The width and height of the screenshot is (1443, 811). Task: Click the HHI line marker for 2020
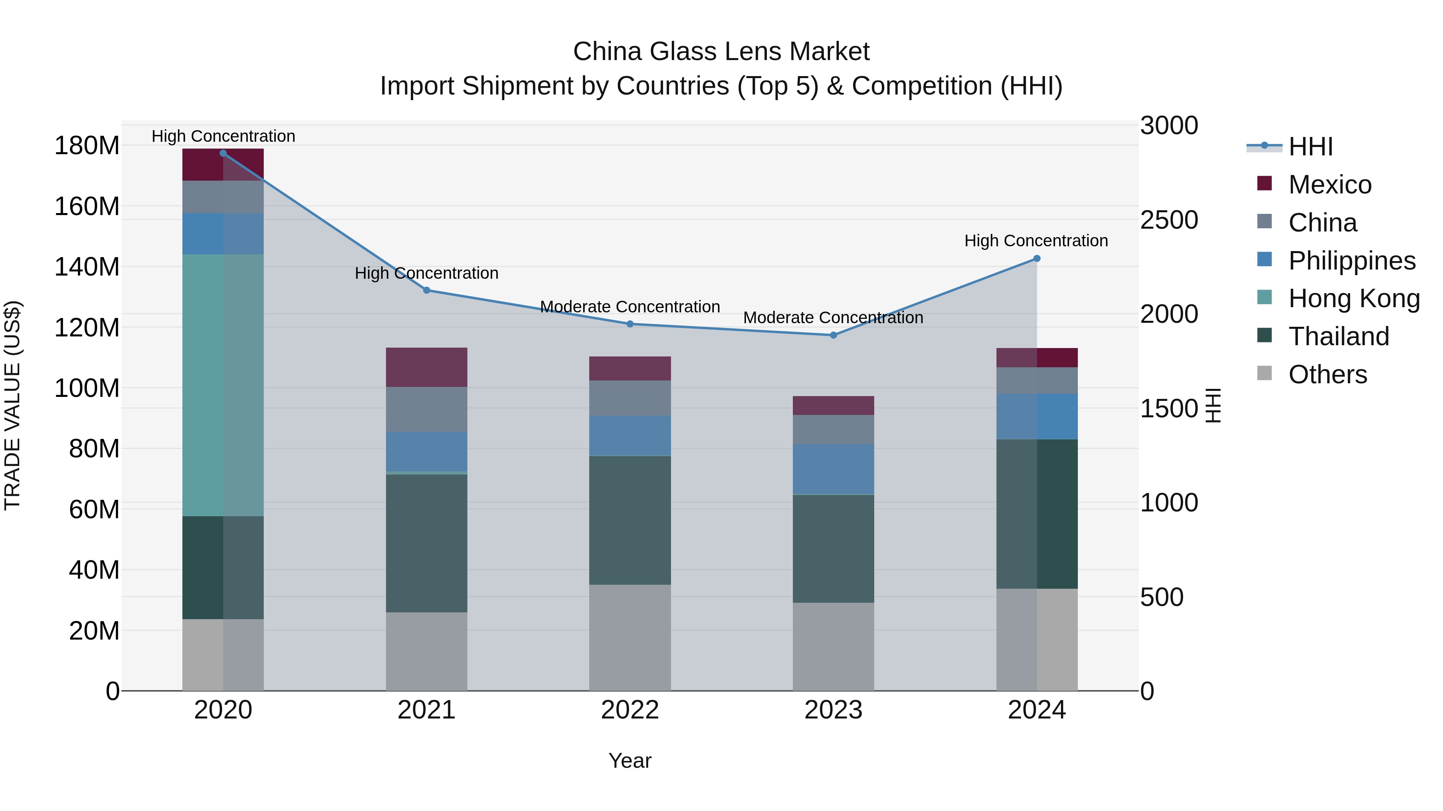[x=223, y=153]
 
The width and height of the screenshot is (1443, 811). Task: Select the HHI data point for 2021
[x=426, y=290]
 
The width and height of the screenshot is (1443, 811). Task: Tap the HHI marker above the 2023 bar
[x=833, y=335]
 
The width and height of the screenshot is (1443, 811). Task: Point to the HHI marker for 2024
[x=1036, y=259]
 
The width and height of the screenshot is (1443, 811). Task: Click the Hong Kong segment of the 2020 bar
[x=223, y=385]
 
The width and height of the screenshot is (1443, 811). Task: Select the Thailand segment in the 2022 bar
[x=630, y=521]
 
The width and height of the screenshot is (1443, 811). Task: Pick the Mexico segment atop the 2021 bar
[x=426, y=367]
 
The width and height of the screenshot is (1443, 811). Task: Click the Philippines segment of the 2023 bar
[x=833, y=470]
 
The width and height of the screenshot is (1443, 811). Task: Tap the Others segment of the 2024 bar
[x=1036, y=639]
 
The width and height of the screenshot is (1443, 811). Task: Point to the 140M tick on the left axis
[x=87, y=267]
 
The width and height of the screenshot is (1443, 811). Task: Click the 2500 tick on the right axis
[x=1169, y=220]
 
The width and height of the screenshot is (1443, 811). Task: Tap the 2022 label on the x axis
[x=630, y=710]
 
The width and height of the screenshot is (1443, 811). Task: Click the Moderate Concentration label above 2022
[x=630, y=307]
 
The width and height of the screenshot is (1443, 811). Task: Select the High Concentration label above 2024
[x=1036, y=241]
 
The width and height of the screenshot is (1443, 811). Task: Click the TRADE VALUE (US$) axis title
[x=13, y=405]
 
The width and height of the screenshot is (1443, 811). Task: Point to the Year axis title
[x=630, y=761]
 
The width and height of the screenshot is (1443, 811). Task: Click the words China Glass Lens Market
[x=721, y=52]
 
